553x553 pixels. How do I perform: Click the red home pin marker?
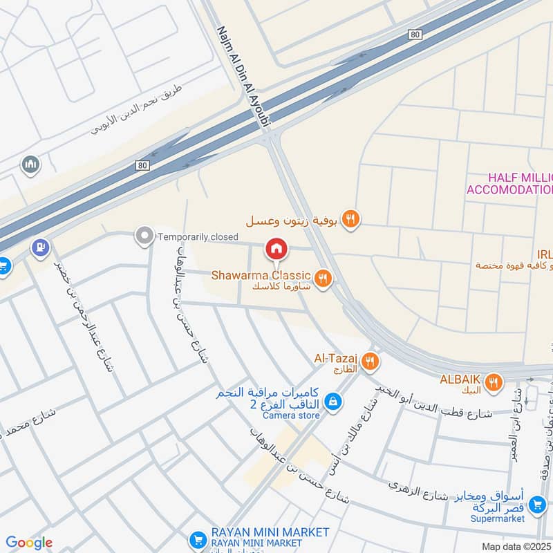[276, 248]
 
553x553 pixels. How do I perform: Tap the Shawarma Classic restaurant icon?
[322, 278]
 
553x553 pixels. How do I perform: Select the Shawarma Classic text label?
[261, 276]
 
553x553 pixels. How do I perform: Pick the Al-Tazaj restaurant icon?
[371, 361]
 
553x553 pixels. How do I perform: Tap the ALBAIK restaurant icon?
[493, 382]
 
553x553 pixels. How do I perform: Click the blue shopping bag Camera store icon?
[333, 402]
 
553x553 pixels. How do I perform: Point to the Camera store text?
[290, 415]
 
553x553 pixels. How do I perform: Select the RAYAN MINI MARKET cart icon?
[198, 539]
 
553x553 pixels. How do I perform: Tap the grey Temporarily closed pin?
[144, 236]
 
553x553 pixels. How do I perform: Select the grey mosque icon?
[30, 165]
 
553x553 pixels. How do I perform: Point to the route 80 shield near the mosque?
[142, 165]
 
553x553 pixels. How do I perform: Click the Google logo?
[29, 543]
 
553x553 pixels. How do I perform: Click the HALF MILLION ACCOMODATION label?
[510, 184]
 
